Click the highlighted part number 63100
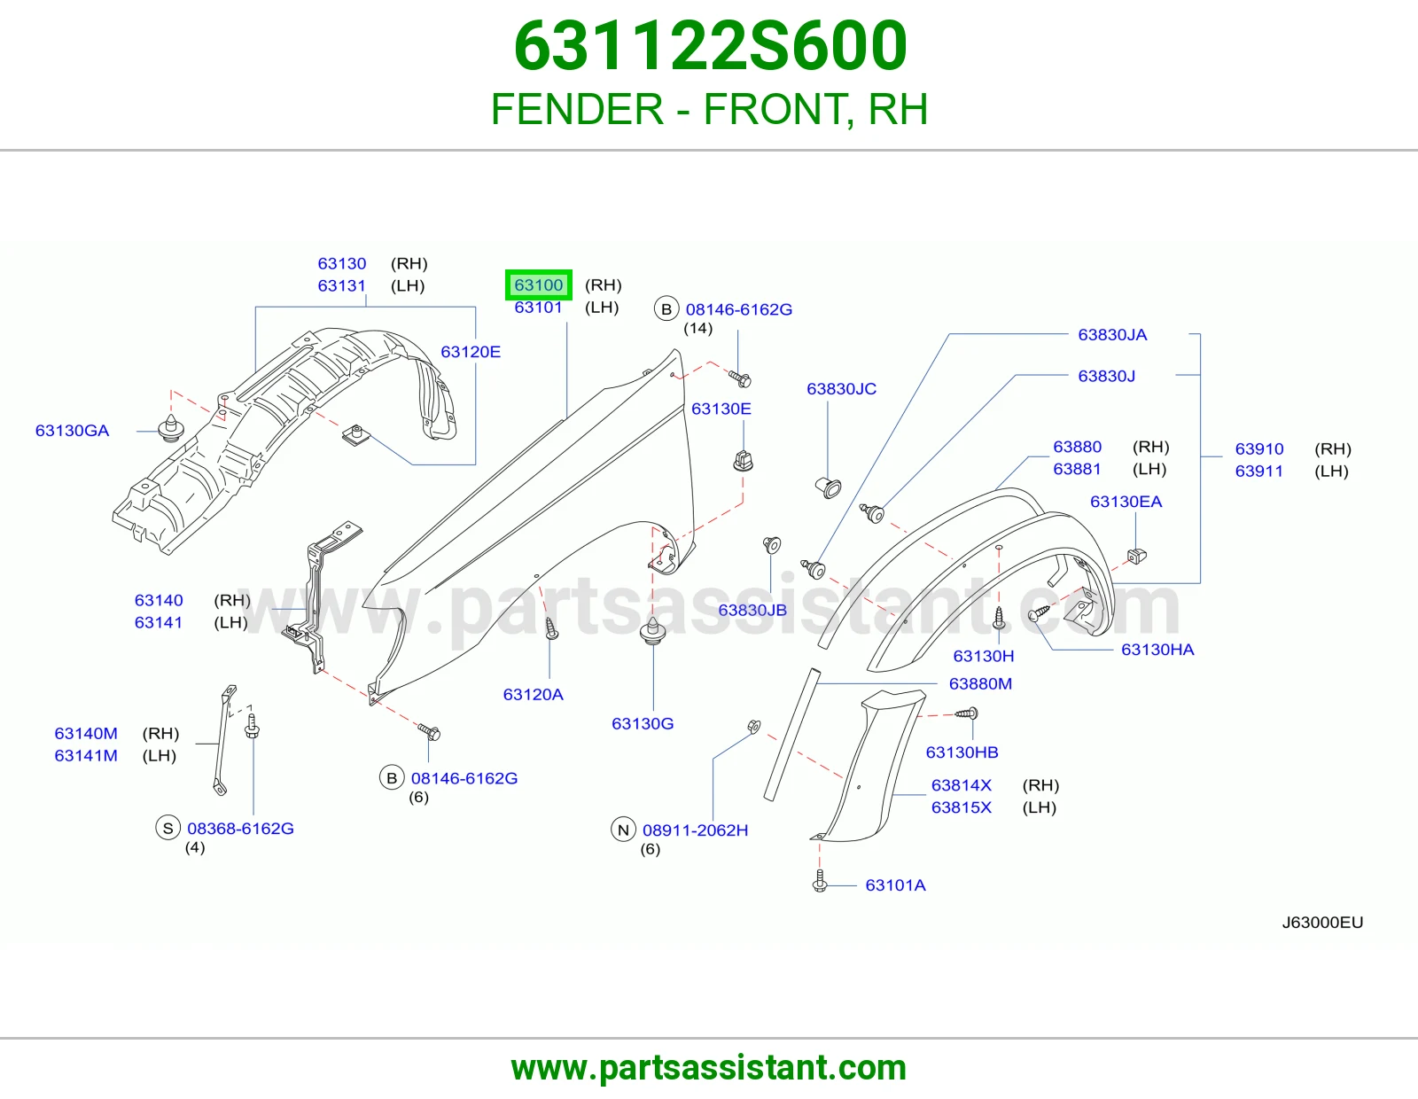pyautogui.click(x=538, y=285)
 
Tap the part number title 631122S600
pyautogui.click(x=710, y=45)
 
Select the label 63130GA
pyautogui.click(x=72, y=431)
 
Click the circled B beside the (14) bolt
pyautogui.click(x=666, y=309)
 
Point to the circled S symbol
pyautogui.click(x=168, y=828)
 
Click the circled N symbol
pyautogui.click(x=623, y=830)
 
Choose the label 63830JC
pyautogui.click(x=841, y=389)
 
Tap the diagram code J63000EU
pyautogui.click(x=1322, y=922)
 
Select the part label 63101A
pyautogui.click(x=895, y=885)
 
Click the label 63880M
pyautogui.click(x=980, y=683)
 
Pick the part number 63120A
pyautogui.click(x=534, y=694)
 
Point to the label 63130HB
pyautogui.click(x=962, y=752)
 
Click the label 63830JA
pyautogui.click(x=1112, y=335)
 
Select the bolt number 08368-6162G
pyautogui.click(x=240, y=828)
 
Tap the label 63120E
pyautogui.click(x=471, y=352)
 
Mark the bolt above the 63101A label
pyautogui.click(x=820, y=880)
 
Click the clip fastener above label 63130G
pyautogui.click(x=653, y=631)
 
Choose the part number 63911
pyautogui.click(x=1258, y=472)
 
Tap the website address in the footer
pyautogui.click(x=709, y=1068)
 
